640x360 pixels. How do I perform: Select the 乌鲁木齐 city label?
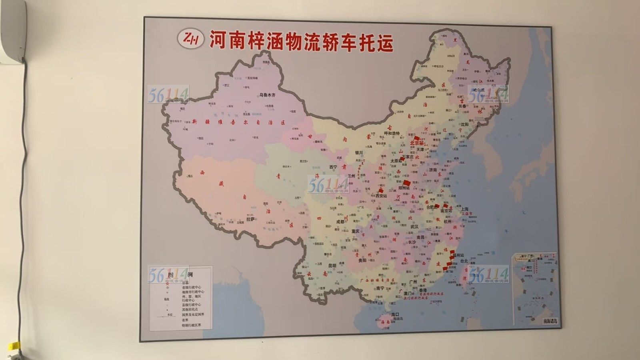click(268, 95)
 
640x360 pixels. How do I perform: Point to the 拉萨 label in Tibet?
click(250, 219)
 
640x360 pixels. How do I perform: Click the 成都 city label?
click(340, 221)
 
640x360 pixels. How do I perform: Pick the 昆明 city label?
click(332, 265)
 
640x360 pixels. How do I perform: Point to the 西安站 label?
click(381, 196)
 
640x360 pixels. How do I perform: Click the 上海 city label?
click(464, 209)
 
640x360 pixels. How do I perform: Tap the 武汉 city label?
click(414, 227)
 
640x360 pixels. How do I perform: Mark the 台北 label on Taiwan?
click(464, 261)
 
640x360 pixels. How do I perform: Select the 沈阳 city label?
click(464, 124)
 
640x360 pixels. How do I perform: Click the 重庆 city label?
click(355, 231)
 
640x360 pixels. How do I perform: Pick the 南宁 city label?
click(380, 288)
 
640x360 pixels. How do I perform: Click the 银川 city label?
click(358, 152)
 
